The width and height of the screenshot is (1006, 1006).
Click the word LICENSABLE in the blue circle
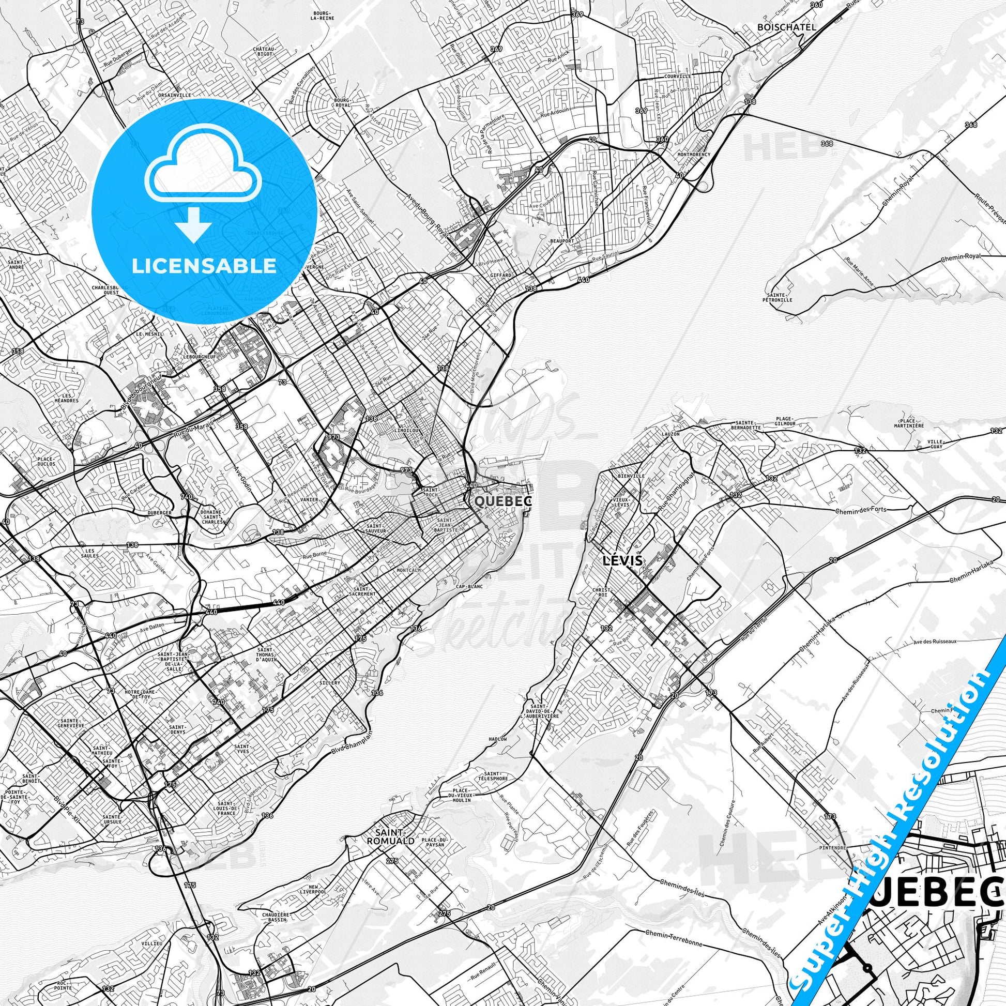pos(204,266)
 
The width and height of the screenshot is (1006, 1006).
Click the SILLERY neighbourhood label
pos(331,682)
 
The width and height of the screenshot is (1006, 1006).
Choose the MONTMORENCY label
pos(691,155)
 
